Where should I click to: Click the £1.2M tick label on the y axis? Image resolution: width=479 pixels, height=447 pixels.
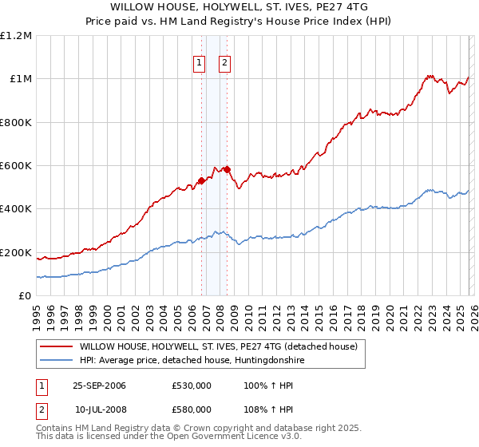tap(16, 36)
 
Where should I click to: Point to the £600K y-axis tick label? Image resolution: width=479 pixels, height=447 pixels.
tap(16, 166)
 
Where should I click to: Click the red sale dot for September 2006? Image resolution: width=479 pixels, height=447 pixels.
tap(201, 180)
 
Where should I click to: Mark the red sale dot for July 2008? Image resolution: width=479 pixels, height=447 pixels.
tap(227, 169)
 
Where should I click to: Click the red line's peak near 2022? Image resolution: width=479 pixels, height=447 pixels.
tap(429, 76)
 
